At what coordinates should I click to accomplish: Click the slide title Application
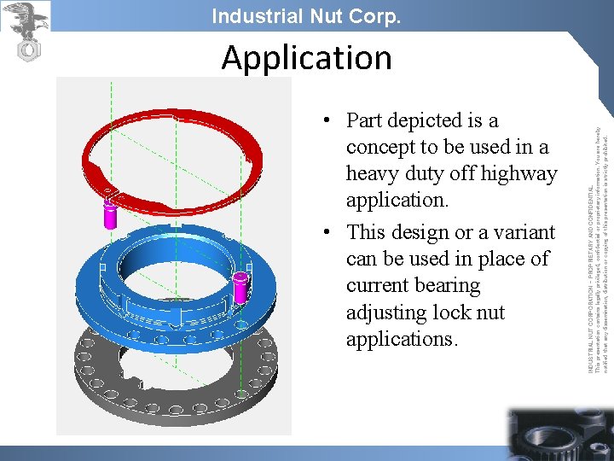click(306, 58)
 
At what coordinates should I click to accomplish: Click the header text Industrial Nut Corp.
click(306, 16)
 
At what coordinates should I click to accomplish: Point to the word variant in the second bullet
click(521, 232)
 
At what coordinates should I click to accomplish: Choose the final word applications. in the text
click(403, 339)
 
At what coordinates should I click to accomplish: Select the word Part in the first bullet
click(365, 120)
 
